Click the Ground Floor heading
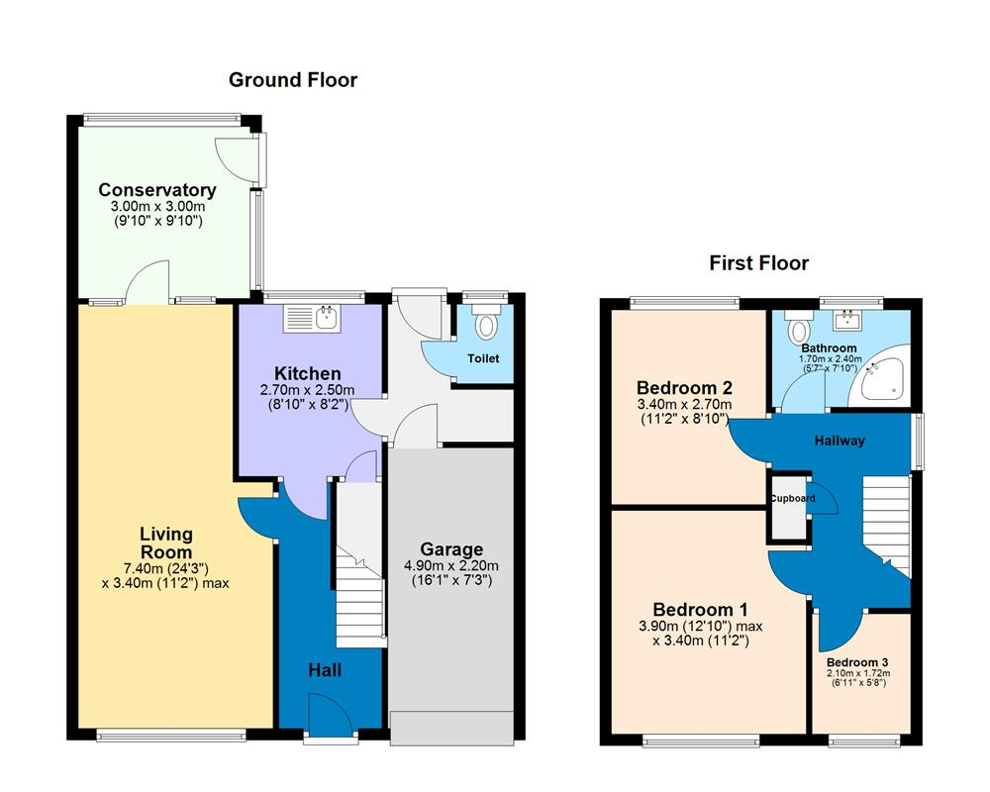(293, 80)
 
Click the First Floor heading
(758, 263)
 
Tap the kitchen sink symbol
(312, 318)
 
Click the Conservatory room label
(157, 190)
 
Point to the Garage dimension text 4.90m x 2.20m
(451, 566)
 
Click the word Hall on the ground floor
(325, 671)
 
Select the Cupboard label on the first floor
(793, 499)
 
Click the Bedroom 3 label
(857, 662)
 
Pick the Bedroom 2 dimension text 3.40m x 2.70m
(684, 404)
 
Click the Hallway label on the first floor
(840, 441)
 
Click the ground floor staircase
(359, 594)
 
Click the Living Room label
(165, 543)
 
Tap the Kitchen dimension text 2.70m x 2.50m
(307, 390)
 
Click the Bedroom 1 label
(700, 610)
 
